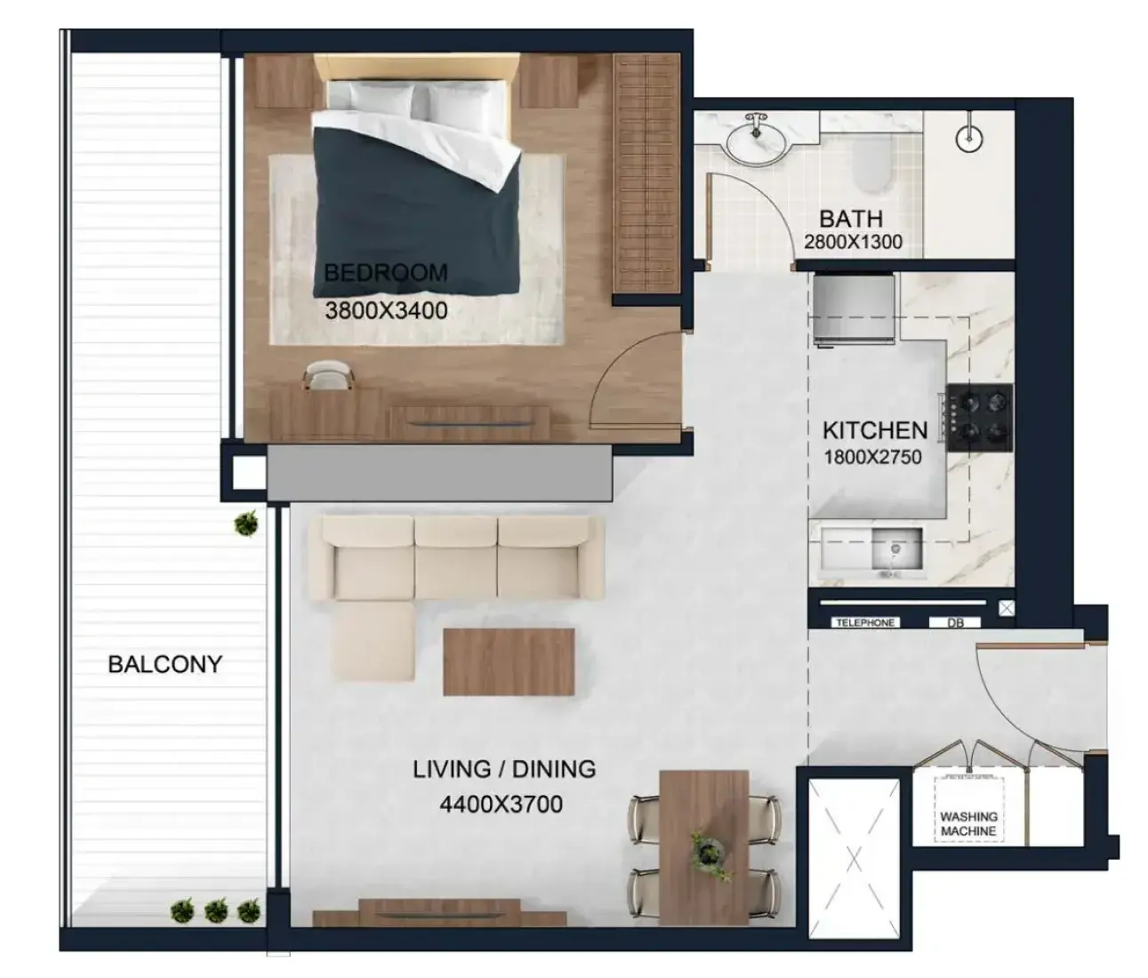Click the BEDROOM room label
click(x=385, y=273)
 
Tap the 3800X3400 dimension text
click(x=386, y=311)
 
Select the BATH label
click(x=851, y=219)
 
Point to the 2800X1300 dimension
click(x=853, y=242)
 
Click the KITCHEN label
click(x=875, y=430)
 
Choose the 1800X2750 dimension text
click(x=872, y=457)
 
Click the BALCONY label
click(x=165, y=664)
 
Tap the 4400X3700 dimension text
click(x=501, y=804)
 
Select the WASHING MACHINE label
click(x=968, y=824)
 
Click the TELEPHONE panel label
click(x=865, y=622)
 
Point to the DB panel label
click(x=955, y=622)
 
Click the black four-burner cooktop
click(x=979, y=417)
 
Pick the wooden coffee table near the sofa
click(x=509, y=661)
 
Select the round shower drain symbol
click(x=969, y=139)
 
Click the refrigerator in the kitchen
click(x=854, y=309)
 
